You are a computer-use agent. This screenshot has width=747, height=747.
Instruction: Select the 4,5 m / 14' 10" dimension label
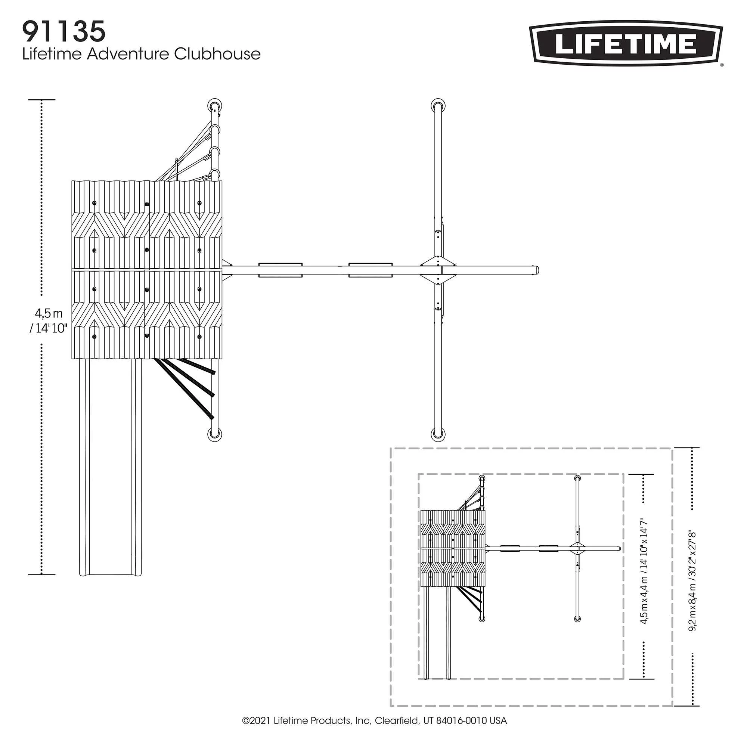[49, 320]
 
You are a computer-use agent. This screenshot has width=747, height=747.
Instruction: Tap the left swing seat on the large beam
[280, 270]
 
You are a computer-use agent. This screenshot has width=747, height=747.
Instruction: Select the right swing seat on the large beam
[371, 270]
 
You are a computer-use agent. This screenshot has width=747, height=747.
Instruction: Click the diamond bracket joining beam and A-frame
[438, 270]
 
